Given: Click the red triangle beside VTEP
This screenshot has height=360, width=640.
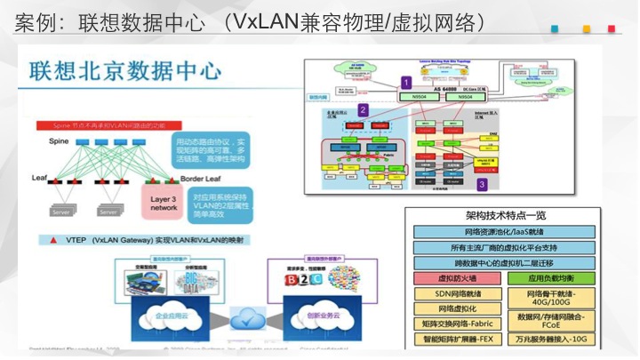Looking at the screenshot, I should coord(56,240).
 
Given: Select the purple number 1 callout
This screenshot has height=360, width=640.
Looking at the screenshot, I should coord(406,82).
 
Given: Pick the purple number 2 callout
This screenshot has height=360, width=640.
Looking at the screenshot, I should coord(362,110).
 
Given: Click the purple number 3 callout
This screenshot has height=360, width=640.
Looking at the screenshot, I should coord(481,184).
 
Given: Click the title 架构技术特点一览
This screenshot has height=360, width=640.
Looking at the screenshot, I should coord(506,216).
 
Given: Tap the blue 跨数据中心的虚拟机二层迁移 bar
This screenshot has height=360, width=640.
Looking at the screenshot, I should coord(504,263).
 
